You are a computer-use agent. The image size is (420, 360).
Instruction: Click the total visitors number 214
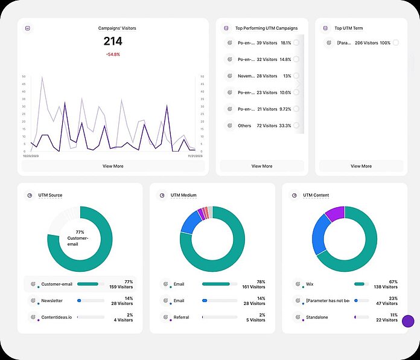coord(112,41)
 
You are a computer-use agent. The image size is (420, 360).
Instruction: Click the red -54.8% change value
coord(112,54)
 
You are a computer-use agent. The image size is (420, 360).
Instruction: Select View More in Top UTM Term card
coord(361,166)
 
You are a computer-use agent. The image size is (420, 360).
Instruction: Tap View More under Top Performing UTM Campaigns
coord(262,166)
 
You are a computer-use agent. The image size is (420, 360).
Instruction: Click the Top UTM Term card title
coord(349,28)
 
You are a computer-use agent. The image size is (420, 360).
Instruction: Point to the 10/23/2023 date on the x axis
coord(31,155)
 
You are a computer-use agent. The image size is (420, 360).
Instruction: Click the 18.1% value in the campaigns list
coord(285,43)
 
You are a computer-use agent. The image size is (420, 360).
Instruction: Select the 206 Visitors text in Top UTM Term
coord(366,43)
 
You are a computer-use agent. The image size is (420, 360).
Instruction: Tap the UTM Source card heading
coord(50,195)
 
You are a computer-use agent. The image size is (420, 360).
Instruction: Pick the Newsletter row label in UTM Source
coord(52,300)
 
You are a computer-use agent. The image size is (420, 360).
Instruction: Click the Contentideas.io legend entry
coord(56,317)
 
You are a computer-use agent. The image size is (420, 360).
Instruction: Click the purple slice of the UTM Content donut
coord(335,213)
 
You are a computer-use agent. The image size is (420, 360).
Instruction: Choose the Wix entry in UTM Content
coord(310,283)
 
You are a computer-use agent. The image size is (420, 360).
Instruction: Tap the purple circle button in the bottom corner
coord(408,321)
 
